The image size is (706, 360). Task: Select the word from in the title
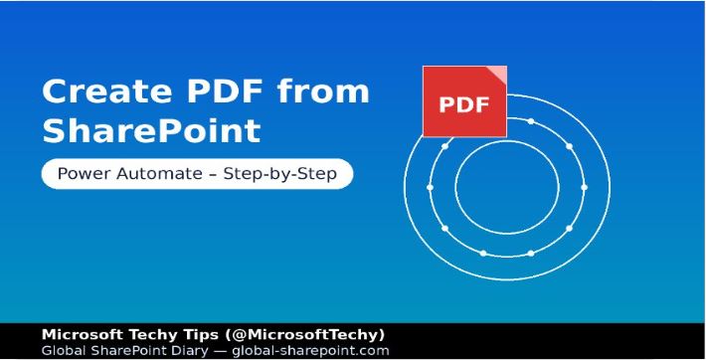coord(323,92)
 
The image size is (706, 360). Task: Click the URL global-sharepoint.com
coord(309,350)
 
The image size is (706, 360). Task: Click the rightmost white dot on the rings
coord(584,186)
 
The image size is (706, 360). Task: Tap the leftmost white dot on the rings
coord(430,186)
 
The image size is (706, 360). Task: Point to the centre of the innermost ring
coord(507,186)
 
